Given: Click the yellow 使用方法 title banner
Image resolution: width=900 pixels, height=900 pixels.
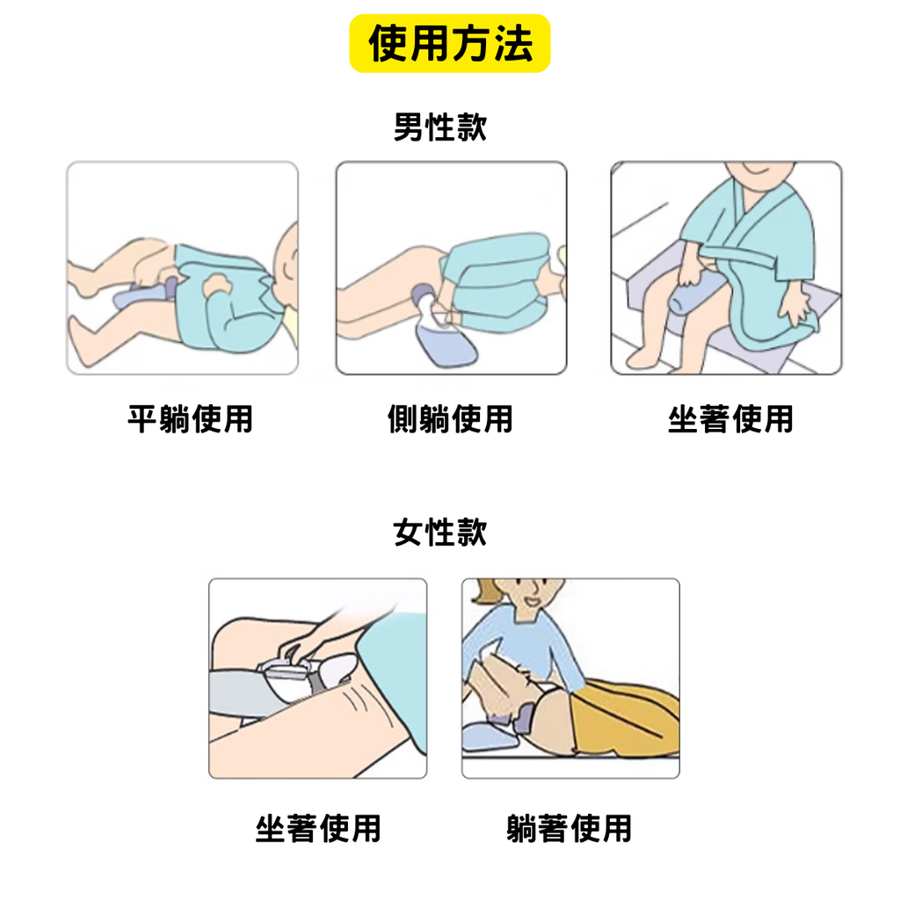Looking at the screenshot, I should [x=449, y=44].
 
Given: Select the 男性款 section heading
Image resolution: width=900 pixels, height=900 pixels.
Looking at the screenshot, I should [x=439, y=128].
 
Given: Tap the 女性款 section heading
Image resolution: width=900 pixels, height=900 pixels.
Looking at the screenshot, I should [x=439, y=532].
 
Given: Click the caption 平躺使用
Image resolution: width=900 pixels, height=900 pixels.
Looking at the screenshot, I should [x=190, y=418].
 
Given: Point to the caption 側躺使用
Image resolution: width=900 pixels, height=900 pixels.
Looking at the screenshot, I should [x=450, y=418].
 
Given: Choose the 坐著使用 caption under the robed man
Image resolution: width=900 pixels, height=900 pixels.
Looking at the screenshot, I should [x=729, y=418].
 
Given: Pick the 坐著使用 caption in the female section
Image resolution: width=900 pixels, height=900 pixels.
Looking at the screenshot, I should [x=318, y=828].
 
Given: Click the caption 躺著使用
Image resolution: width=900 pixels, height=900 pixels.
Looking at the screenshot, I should [x=570, y=828].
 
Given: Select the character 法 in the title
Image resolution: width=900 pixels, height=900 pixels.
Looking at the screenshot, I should [x=512, y=44].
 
